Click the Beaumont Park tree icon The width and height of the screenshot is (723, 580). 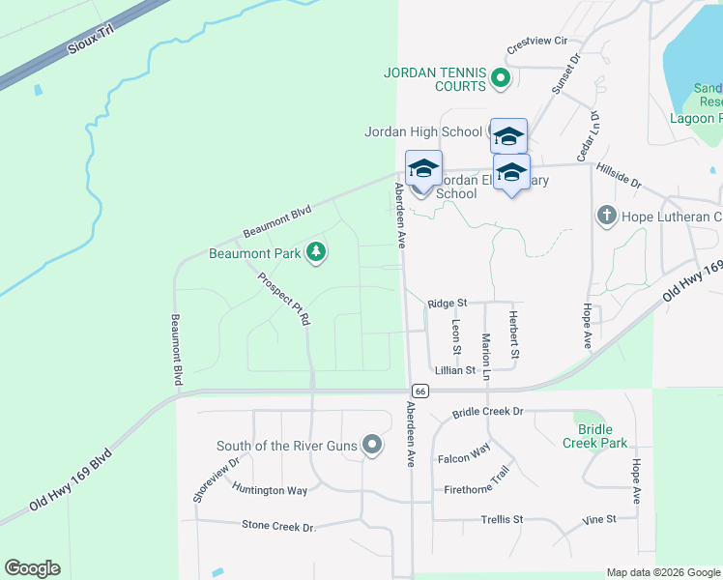(315, 253)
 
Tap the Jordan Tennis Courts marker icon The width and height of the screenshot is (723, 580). (500, 79)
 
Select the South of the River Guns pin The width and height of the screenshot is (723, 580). (373, 446)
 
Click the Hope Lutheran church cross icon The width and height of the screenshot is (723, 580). (606, 216)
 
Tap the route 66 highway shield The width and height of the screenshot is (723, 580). (419, 391)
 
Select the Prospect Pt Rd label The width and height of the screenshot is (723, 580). (284, 297)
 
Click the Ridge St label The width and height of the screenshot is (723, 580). (447, 304)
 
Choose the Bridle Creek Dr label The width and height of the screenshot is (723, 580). (487, 412)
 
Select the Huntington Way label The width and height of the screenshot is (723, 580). (270, 490)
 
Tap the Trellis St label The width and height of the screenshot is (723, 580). (502, 520)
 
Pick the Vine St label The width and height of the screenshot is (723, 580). (599, 520)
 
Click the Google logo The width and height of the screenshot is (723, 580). (32, 568)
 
